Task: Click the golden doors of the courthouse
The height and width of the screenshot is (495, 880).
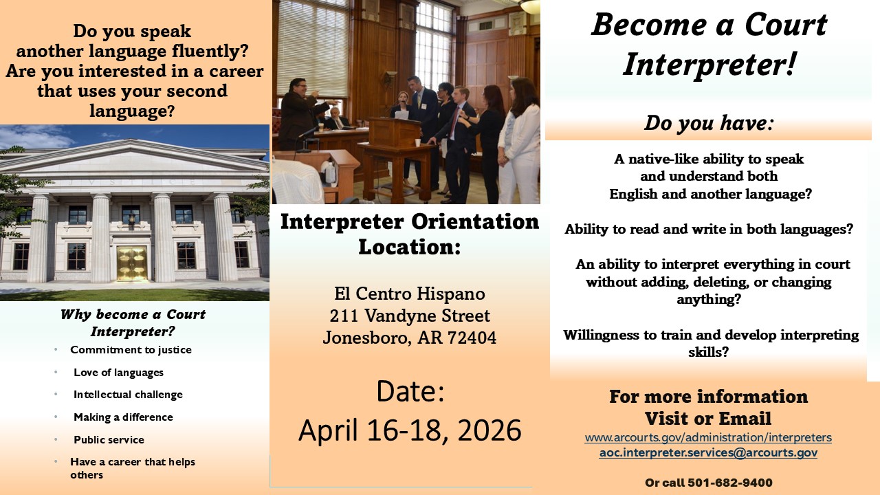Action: tap(132, 263)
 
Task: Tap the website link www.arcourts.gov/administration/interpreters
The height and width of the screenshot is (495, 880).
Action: tap(708, 437)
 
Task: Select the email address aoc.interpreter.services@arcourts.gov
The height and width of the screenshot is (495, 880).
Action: tap(708, 452)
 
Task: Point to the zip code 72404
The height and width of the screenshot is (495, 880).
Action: tap(472, 338)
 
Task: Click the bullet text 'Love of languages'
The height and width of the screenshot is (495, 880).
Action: tap(119, 373)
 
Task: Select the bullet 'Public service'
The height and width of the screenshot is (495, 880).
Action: tap(109, 439)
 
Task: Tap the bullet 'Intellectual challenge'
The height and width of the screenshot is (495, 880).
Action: tap(128, 395)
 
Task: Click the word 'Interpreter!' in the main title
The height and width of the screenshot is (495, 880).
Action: tap(709, 65)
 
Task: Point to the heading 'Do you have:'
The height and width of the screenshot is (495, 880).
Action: tap(709, 123)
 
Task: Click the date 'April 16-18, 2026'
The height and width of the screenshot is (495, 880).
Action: tap(410, 430)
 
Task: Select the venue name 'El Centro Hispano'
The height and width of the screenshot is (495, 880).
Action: tap(410, 294)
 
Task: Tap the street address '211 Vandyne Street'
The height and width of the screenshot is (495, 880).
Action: tap(410, 316)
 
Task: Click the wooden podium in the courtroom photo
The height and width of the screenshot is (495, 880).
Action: tap(395, 157)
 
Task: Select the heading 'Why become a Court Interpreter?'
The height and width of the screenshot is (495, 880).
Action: tap(133, 323)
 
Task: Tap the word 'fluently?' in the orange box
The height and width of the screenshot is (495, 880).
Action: tap(210, 51)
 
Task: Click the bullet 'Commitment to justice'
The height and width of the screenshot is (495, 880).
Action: tap(131, 350)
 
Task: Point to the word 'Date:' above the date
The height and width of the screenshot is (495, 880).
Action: tap(410, 391)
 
